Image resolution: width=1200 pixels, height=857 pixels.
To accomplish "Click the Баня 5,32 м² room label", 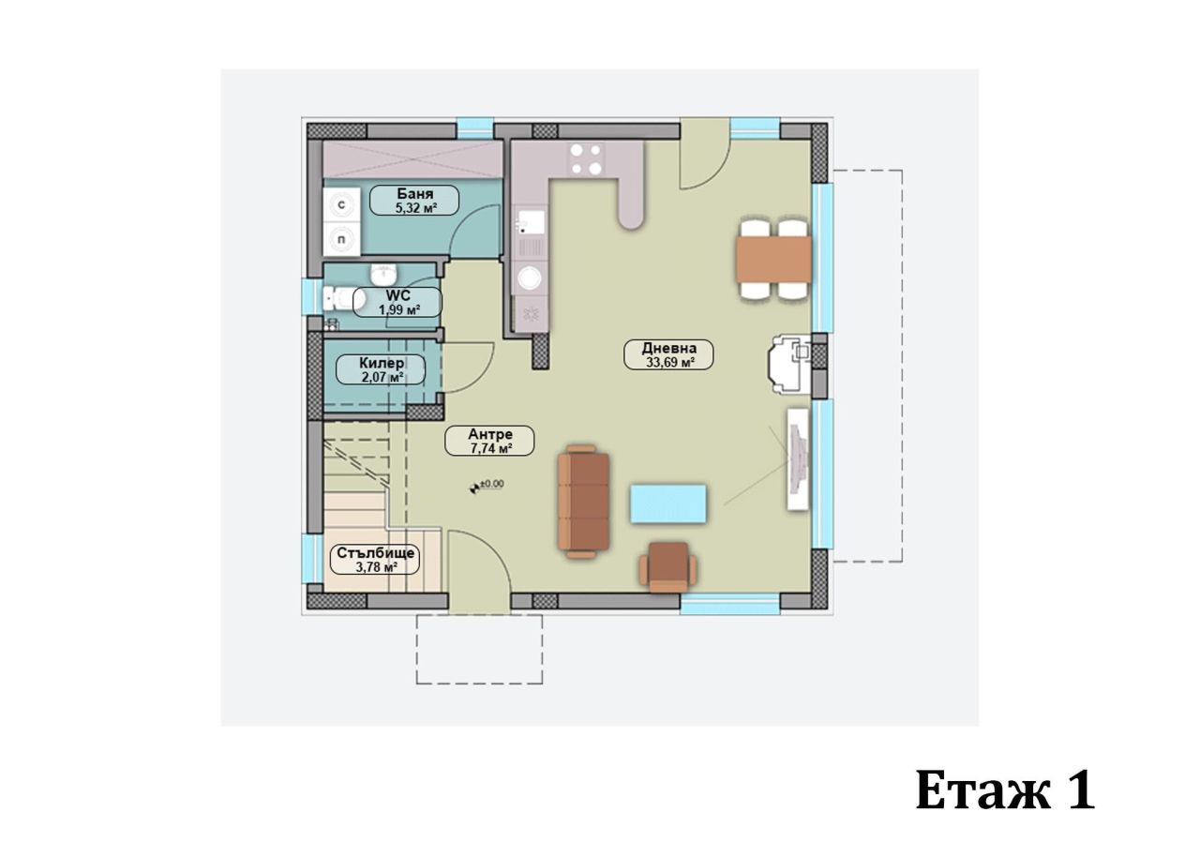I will click(x=413, y=201).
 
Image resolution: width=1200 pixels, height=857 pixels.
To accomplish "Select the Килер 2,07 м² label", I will click(x=382, y=369).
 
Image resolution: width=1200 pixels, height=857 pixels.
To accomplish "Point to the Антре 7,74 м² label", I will click(x=489, y=441).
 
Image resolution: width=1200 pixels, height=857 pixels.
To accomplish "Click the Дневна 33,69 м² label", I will click(x=668, y=353).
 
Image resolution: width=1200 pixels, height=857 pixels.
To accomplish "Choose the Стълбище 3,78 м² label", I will click(x=374, y=559).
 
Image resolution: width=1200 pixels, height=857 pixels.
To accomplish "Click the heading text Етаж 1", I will click(x=1004, y=790).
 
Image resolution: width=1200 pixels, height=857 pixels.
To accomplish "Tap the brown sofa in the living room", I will click(x=583, y=502).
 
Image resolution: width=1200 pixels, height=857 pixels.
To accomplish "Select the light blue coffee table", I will click(x=668, y=504).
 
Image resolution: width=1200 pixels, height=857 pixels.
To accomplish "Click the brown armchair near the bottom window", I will click(x=667, y=566).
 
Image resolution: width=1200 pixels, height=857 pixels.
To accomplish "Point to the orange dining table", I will click(x=773, y=259).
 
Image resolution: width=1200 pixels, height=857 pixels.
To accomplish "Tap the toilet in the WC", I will click(x=344, y=299).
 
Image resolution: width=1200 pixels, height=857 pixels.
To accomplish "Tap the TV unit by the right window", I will click(x=798, y=459).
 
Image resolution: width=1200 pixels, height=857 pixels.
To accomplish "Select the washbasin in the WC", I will click(x=383, y=274).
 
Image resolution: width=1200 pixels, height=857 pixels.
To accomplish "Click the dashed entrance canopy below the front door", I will click(x=479, y=649).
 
